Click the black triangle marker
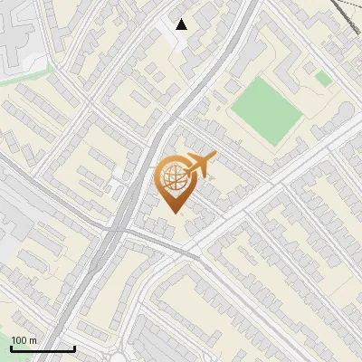click(x=182, y=24)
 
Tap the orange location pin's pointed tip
click(x=174, y=211)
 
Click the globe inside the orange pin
click(x=174, y=178)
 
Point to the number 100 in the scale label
click(x=20, y=339)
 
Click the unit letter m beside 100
click(x=33, y=339)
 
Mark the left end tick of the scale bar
click(x=11, y=347)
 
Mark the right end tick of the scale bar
click(x=74, y=347)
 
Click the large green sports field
click(x=264, y=109)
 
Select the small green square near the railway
click(x=323, y=79)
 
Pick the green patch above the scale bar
click(x=18, y=317)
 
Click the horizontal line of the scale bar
click(x=43, y=348)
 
